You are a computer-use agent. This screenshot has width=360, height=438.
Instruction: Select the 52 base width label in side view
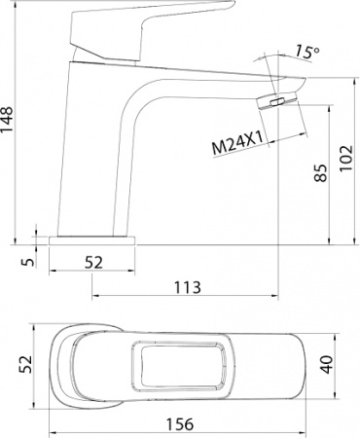click(x=94, y=261)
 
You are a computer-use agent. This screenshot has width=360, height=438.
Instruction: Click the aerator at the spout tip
click(x=280, y=101)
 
